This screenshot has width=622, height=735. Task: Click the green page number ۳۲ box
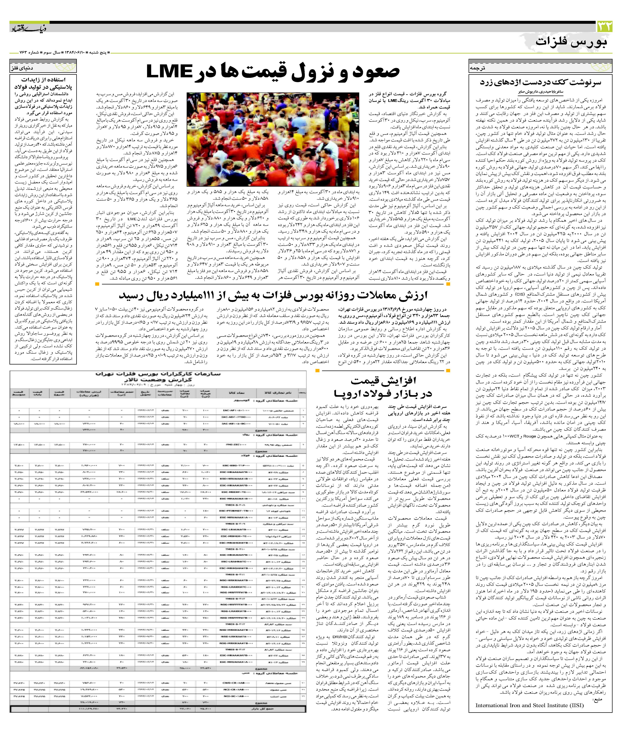(604, 27)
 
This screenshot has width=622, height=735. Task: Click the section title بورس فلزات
(571, 42)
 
